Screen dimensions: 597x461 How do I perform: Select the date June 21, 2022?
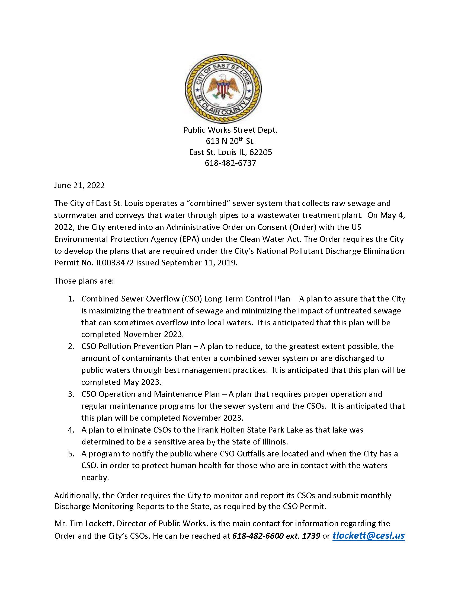(x=79, y=185)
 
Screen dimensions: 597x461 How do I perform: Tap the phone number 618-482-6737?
(x=230, y=163)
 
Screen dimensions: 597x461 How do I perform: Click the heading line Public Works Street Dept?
(x=230, y=130)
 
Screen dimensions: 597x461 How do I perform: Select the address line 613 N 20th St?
(x=230, y=141)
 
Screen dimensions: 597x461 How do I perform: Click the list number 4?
(x=71, y=430)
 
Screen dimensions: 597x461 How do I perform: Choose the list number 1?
(x=71, y=299)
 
